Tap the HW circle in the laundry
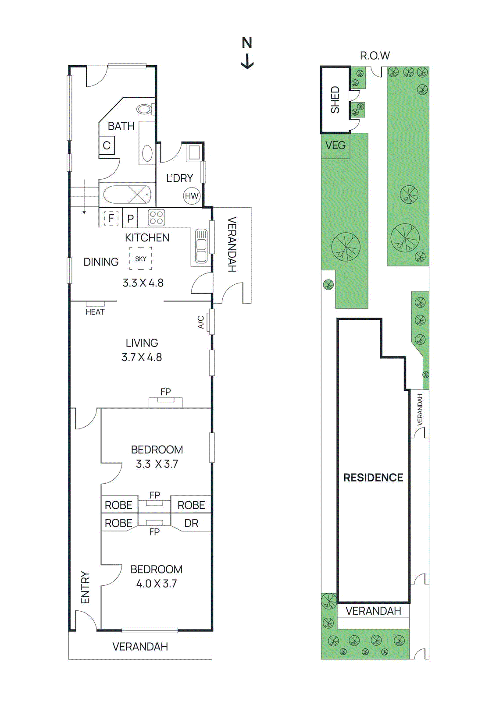(x=192, y=196)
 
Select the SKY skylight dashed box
(x=140, y=258)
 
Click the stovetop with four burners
(x=156, y=218)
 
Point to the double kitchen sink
(x=201, y=246)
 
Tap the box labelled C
(x=107, y=145)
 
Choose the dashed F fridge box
(x=111, y=218)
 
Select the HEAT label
(x=95, y=312)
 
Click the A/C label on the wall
(x=201, y=322)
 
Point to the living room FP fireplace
(x=165, y=401)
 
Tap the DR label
(x=191, y=523)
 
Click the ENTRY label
(x=85, y=587)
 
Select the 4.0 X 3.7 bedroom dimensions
(x=156, y=584)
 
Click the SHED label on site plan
(x=335, y=100)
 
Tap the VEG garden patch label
(x=335, y=145)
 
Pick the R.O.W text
(x=375, y=56)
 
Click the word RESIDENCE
(x=373, y=478)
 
